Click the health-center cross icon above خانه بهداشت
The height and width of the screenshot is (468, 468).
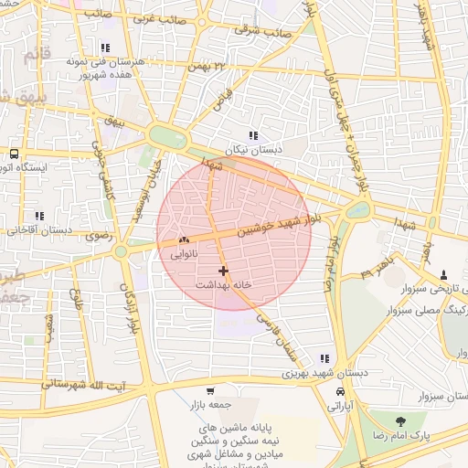point(223,270)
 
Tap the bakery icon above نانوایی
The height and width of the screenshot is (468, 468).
point(184,240)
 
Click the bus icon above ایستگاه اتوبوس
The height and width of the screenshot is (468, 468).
point(15,154)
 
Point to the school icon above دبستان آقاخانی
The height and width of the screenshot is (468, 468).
point(38,216)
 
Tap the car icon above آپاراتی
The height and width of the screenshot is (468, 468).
point(340,390)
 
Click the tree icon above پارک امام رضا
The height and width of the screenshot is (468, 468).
point(400,420)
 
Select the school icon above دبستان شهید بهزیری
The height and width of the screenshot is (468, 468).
point(324,358)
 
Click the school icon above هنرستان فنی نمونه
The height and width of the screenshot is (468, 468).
point(106,48)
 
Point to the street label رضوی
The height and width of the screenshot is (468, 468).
point(97,236)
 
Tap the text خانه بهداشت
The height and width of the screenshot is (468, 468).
point(223,285)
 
